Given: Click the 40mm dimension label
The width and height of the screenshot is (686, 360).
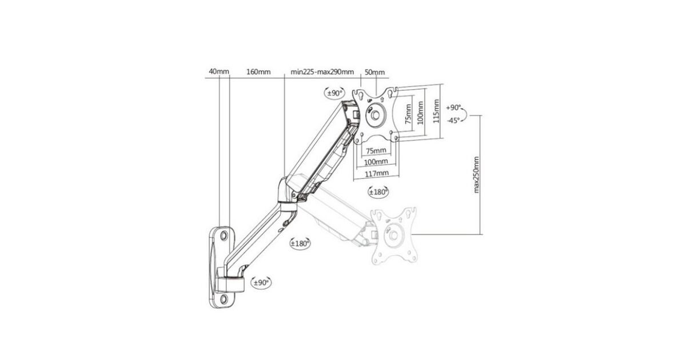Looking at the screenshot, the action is (x=218, y=71).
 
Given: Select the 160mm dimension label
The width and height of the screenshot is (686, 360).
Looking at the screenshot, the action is (x=258, y=72).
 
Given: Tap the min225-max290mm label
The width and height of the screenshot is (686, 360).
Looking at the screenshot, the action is (x=322, y=72).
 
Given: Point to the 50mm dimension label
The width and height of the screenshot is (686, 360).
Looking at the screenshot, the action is (x=374, y=72).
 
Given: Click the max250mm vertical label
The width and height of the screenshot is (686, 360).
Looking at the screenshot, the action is (x=476, y=175).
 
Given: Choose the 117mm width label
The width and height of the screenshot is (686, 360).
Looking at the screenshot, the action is (x=377, y=174).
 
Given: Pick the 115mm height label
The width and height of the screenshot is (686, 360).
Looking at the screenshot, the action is (x=436, y=111).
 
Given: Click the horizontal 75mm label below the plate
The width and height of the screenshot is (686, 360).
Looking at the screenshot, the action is (x=376, y=151).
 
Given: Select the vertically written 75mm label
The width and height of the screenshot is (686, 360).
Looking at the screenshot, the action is (x=408, y=114).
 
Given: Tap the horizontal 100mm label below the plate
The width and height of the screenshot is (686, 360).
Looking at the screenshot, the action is (x=376, y=161).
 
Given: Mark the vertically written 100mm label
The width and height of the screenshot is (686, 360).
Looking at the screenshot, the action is (x=420, y=113).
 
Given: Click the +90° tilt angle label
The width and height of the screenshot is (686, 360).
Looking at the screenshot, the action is (x=453, y=108).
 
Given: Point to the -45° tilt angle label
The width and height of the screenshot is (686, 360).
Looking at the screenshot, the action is (x=453, y=121).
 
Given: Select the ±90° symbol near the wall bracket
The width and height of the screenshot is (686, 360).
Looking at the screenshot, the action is (x=261, y=282).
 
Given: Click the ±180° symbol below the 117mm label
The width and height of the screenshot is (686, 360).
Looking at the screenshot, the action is (x=378, y=192).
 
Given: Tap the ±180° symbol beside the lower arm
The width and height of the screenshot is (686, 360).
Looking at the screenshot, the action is (x=300, y=243).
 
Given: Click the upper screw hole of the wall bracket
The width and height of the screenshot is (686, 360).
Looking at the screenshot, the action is (x=224, y=235).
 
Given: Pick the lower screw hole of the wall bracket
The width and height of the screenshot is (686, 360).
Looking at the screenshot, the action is (x=224, y=298).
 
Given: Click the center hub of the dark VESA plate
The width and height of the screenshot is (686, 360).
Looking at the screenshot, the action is (x=376, y=115).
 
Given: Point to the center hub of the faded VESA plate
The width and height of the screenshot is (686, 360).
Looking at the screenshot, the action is (x=393, y=235).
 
